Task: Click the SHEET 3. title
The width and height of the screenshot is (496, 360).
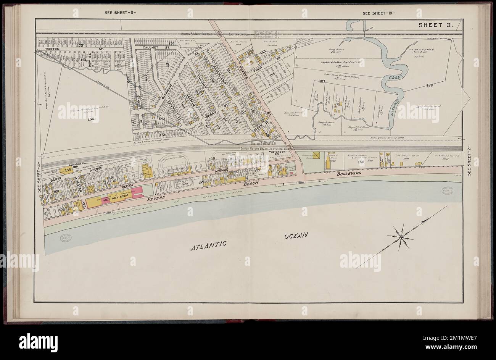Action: coord(435,26)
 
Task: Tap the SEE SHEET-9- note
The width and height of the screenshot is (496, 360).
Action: coord(120,13)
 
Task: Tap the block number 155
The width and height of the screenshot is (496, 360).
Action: coord(90,119)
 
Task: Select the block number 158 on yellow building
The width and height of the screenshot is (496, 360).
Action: coord(69,170)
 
